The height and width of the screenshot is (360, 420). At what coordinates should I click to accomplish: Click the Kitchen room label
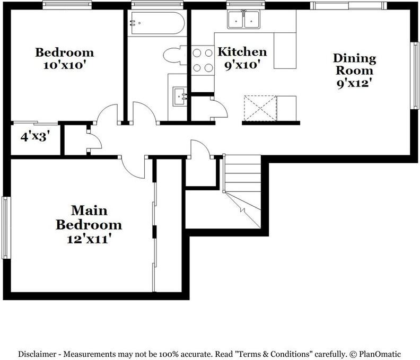click(242, 52)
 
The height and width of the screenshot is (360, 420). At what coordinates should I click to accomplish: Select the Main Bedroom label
click(89, 217)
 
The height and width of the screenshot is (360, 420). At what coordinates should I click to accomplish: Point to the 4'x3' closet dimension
click(35, 137)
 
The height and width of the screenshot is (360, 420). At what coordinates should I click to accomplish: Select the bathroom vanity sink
click(181, 97)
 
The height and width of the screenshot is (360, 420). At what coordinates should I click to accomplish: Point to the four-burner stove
click(202, 60)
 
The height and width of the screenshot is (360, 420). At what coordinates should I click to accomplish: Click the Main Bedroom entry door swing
click(133, 168)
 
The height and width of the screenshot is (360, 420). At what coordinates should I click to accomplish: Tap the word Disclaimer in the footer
click(40, 354)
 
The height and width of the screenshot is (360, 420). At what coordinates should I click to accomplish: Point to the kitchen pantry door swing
click(219, 108)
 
